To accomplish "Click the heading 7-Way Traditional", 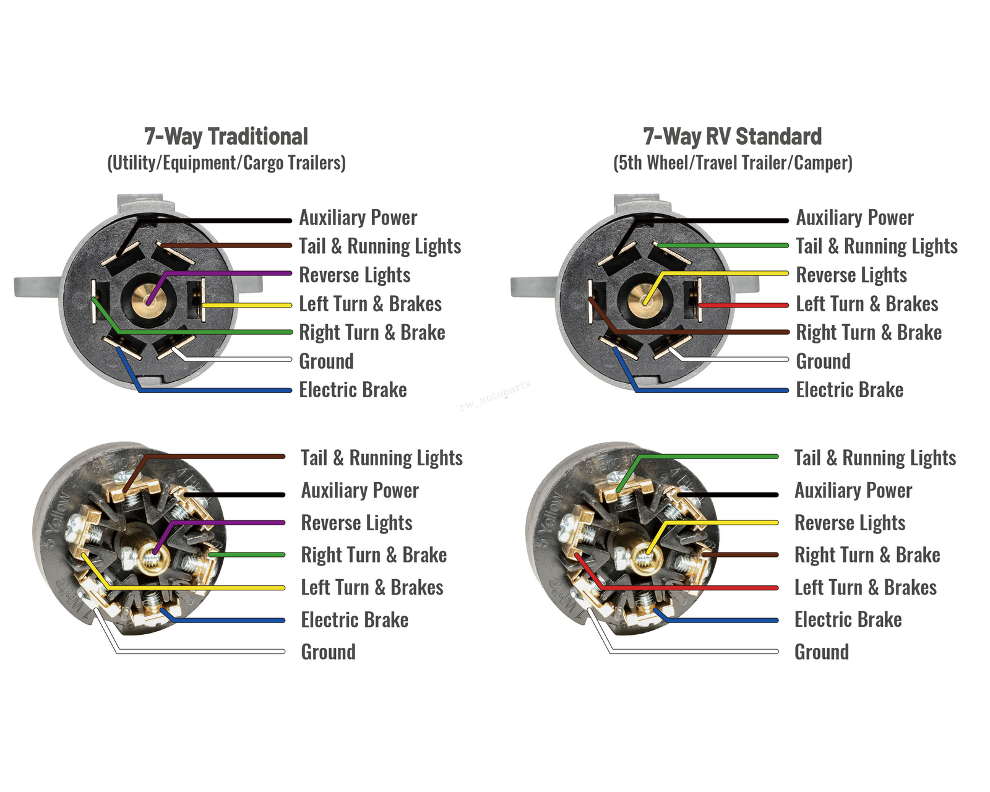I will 226,136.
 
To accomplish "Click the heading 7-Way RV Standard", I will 732,136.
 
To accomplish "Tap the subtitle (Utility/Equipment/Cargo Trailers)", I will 226,163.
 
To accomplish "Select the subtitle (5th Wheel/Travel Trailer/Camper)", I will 733,163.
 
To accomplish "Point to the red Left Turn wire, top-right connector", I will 742,305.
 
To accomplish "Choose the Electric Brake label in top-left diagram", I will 353,390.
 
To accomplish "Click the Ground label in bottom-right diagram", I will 821,652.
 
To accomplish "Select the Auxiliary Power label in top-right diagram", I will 854,218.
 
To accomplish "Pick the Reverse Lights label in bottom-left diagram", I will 356,523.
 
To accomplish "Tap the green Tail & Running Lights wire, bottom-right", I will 712,457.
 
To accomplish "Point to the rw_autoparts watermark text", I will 495,396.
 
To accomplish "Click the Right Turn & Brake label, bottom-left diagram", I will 374,555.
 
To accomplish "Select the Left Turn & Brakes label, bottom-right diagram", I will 865,587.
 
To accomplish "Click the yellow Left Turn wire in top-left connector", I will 247,305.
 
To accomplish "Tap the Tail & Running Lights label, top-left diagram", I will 380,246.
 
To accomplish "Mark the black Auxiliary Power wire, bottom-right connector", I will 730,494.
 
